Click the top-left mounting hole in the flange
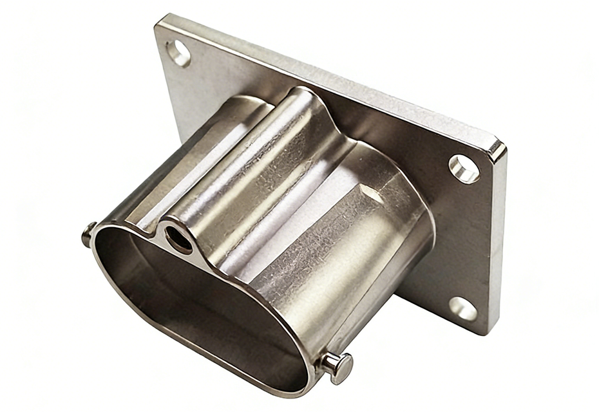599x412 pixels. (x=178, y=53)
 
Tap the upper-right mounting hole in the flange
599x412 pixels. (x=464, y=169)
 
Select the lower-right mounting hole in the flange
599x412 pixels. (x=463, y=308)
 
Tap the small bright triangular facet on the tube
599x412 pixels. (x=372, y=192)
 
